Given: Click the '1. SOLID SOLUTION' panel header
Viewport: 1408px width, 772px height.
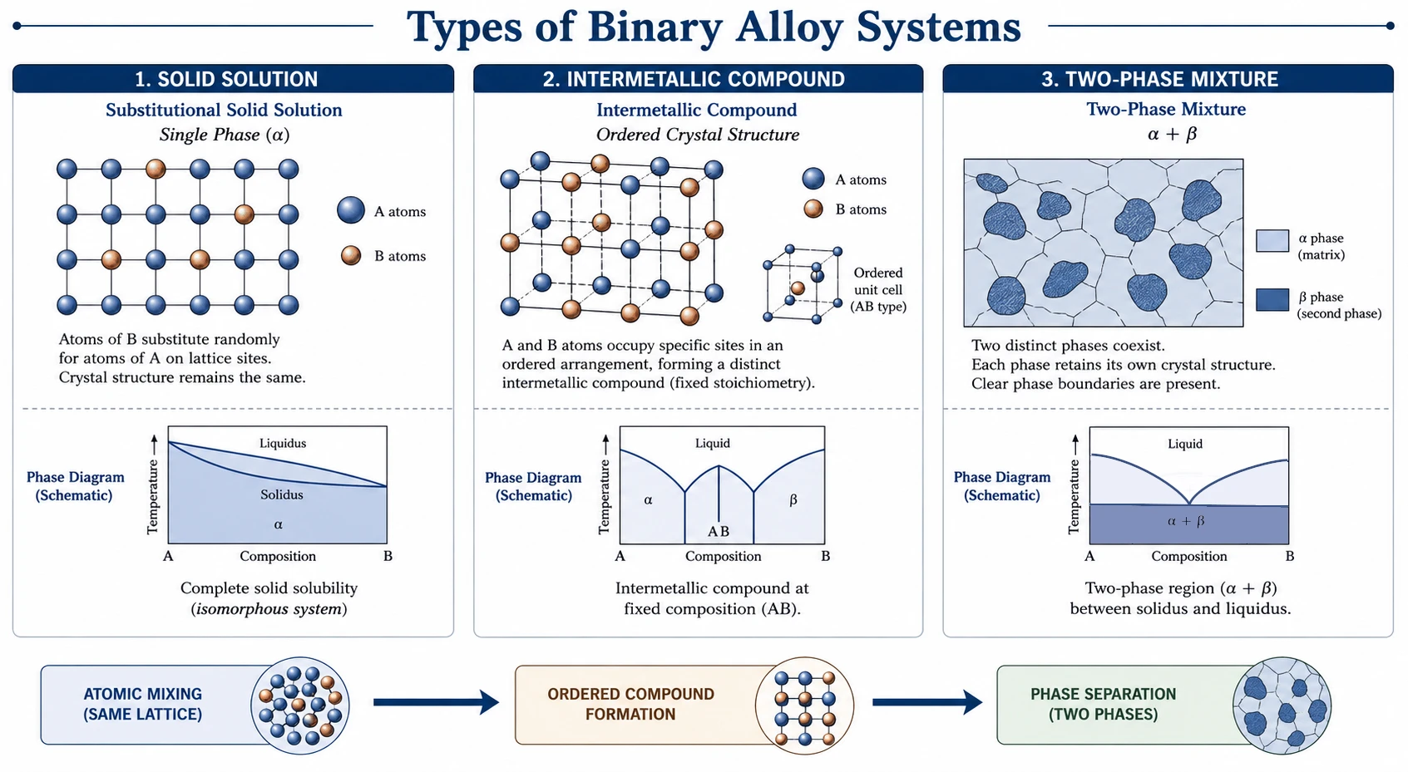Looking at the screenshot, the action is (233, 78).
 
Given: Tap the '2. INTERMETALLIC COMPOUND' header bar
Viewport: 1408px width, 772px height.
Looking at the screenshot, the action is (699, 78).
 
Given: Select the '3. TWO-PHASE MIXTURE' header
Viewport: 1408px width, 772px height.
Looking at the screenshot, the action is (1168, 78).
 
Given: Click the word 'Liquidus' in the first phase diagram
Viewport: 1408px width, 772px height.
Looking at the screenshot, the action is (283, 444).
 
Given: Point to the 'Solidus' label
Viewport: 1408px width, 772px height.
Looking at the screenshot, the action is (282, 495).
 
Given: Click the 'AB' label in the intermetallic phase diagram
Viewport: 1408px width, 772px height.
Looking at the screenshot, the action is (719, 531).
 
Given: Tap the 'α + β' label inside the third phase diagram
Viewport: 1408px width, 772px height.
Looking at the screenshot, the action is (1186, 521).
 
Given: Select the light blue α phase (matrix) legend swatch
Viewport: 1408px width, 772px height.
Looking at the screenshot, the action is (1272, 241).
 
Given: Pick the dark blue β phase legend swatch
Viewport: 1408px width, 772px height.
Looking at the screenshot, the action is (1272, 300).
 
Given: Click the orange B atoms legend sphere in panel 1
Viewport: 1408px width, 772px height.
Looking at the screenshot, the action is (351, 256).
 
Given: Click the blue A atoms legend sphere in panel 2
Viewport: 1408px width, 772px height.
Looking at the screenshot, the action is (813, 179).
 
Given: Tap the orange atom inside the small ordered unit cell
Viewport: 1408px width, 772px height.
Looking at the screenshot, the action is (798, 288).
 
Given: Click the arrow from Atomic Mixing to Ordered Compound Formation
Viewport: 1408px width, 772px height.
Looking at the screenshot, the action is (437, 701).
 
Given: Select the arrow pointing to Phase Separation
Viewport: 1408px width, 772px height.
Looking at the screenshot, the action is (928, 701).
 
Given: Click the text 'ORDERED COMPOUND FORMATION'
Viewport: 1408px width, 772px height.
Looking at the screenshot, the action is (630, 704).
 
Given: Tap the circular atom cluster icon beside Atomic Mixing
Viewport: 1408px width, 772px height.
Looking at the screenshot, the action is (300, 706).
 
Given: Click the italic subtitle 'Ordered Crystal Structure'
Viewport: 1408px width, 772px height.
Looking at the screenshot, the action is (698, 135).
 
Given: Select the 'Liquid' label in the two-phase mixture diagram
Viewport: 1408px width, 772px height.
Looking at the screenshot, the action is (1185, 444).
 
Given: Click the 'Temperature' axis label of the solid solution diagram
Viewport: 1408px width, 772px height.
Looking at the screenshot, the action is (152, 497).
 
